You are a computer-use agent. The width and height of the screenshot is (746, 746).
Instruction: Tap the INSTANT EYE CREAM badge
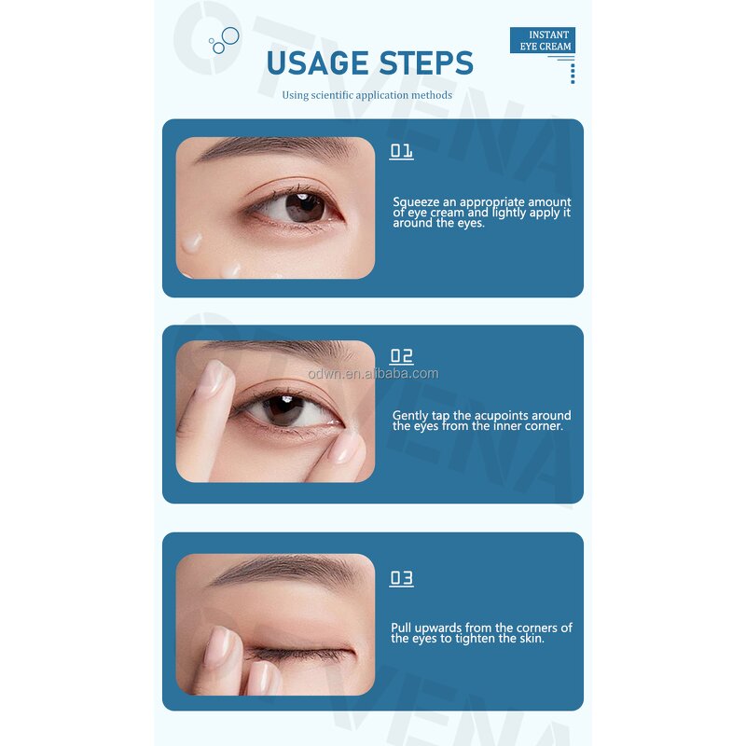tap(543, 41)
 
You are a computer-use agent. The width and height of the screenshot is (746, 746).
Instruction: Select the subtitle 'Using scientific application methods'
tap(367, 95)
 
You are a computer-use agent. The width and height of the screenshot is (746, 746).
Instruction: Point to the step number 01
tap(401, 151)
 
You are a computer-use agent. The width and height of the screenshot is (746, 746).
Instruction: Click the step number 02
tap(401, 356)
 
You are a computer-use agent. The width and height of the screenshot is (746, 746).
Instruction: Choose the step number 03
tap(401, 578)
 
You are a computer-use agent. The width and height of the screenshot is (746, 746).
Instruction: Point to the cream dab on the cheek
tap(193, 242)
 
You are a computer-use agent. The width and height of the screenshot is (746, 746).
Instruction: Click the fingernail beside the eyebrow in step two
tap(214, 375)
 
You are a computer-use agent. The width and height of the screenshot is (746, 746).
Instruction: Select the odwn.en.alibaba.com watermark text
tap(373, 373)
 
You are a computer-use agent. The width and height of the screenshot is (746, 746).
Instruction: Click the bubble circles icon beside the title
tap(224, 39)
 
